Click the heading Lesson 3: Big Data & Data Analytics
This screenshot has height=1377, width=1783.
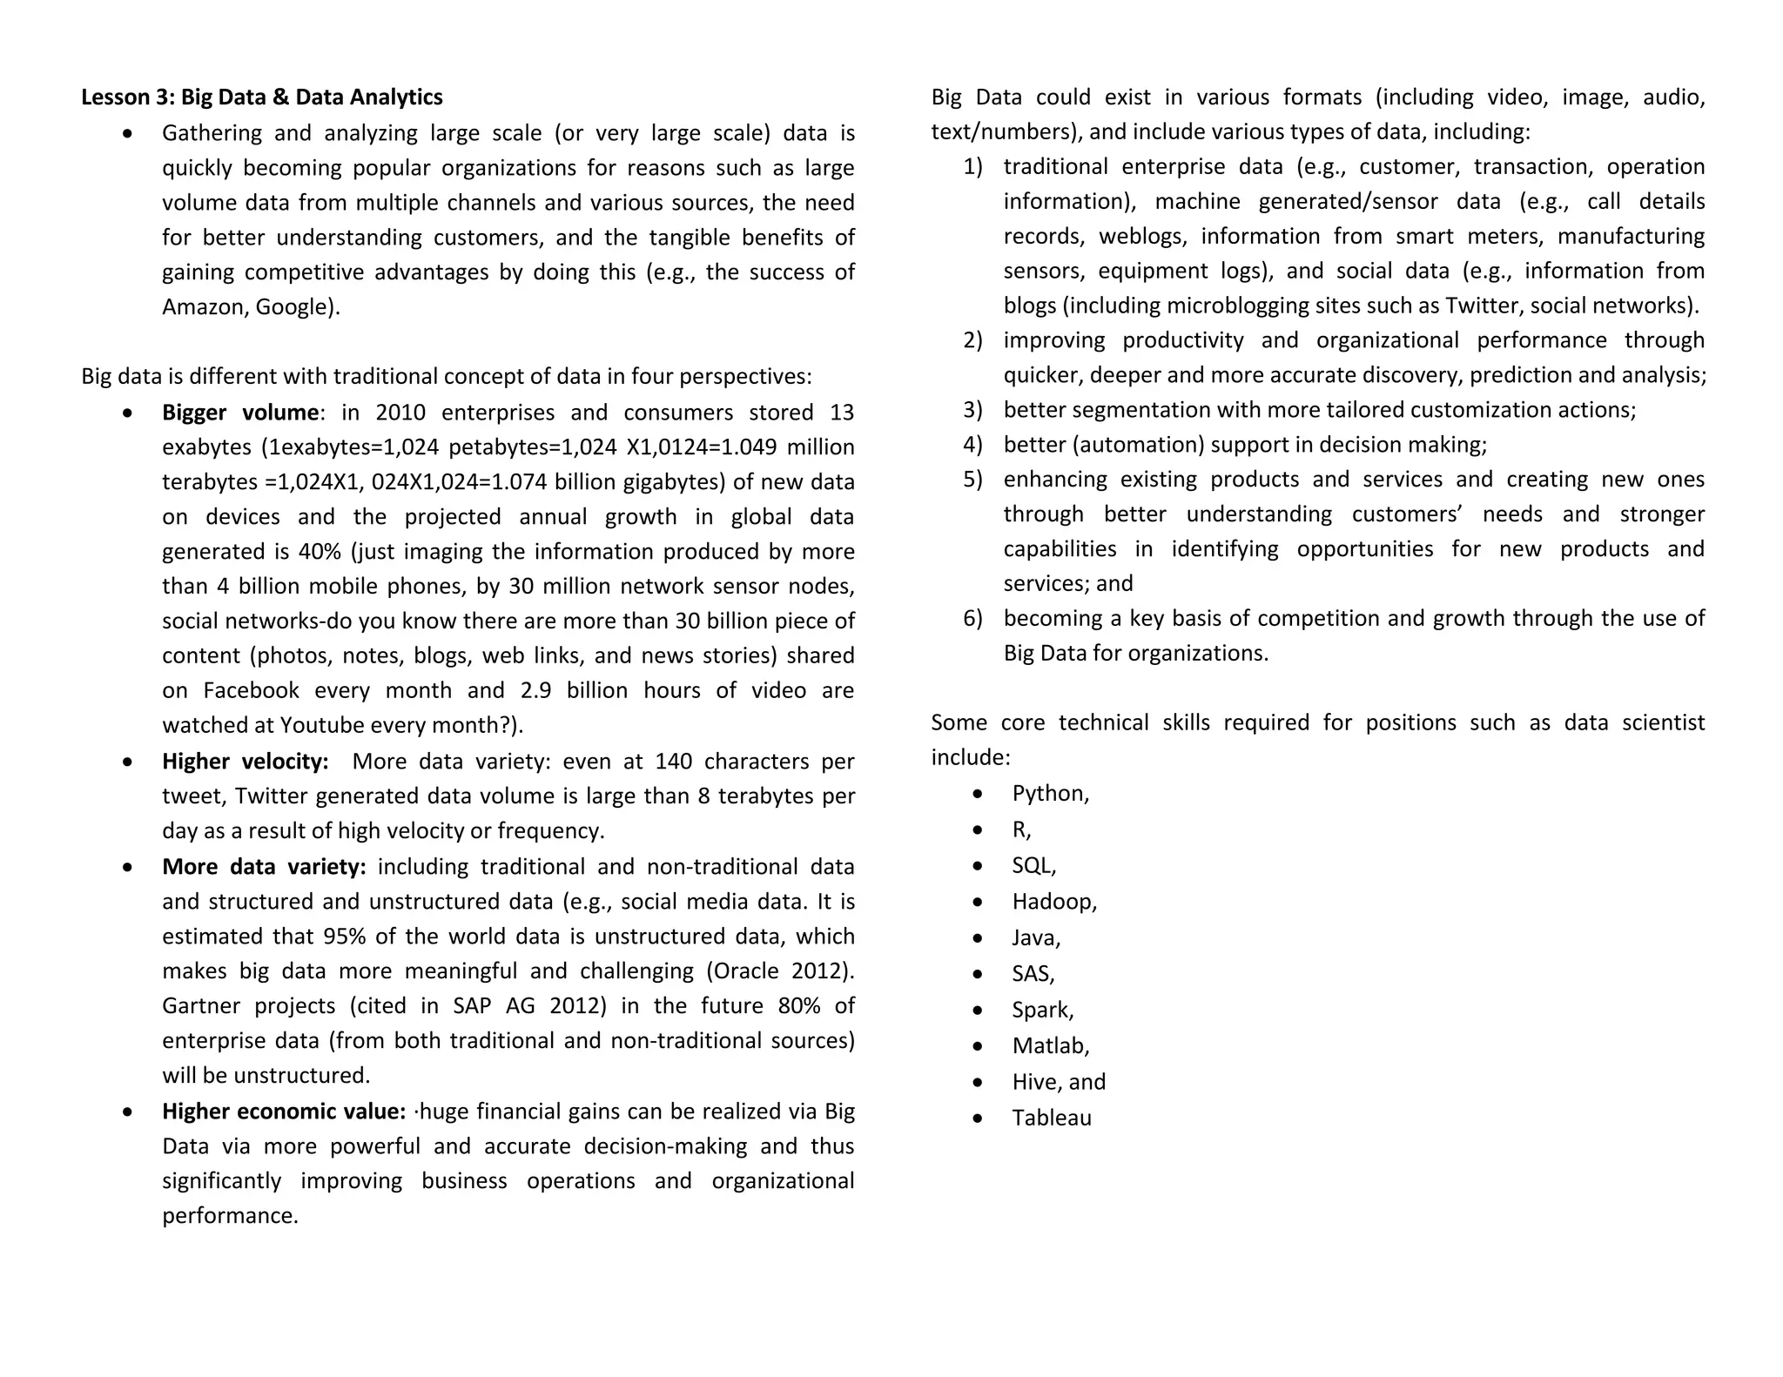(261, 97)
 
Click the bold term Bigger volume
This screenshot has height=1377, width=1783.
(240, 413)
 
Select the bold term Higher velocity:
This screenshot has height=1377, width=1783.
(246, 762)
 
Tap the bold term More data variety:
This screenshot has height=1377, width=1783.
(264, 867)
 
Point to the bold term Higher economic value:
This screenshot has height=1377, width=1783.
(284, 1112)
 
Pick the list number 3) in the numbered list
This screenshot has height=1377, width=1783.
(972, 410)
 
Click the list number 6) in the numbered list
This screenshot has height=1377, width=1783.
(972, 619)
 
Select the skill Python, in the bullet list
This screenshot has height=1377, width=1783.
(1050, 794)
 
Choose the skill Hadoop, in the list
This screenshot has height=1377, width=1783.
(1054, 902)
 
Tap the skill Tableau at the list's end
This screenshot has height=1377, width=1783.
(1052, 1118)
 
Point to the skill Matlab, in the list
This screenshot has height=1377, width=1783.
(1051, 1046)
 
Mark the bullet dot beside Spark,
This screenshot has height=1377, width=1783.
(978, 1011)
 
